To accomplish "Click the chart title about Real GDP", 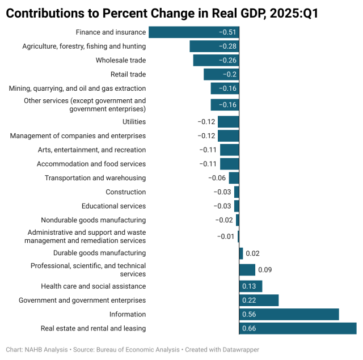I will [x=162, y=13].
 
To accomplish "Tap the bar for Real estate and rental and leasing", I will [x=298, y=328].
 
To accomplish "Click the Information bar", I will [x=289, y=314].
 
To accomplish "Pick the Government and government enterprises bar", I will [x=259, y=300].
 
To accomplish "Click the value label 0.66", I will [x=250, y=328].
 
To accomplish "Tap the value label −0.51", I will [x=228, y=32].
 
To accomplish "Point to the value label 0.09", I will [x=264, y=270].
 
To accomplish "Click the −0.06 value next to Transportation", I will [x=217, y=178].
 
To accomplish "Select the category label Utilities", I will [x=134, y=122].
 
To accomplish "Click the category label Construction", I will [x=125, y=192].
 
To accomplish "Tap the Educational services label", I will [x=113, y=206].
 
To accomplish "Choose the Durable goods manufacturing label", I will [x=99, y=253].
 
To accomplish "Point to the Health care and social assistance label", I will [x=93, y=286].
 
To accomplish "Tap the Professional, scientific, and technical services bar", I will [x=247, y=270].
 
